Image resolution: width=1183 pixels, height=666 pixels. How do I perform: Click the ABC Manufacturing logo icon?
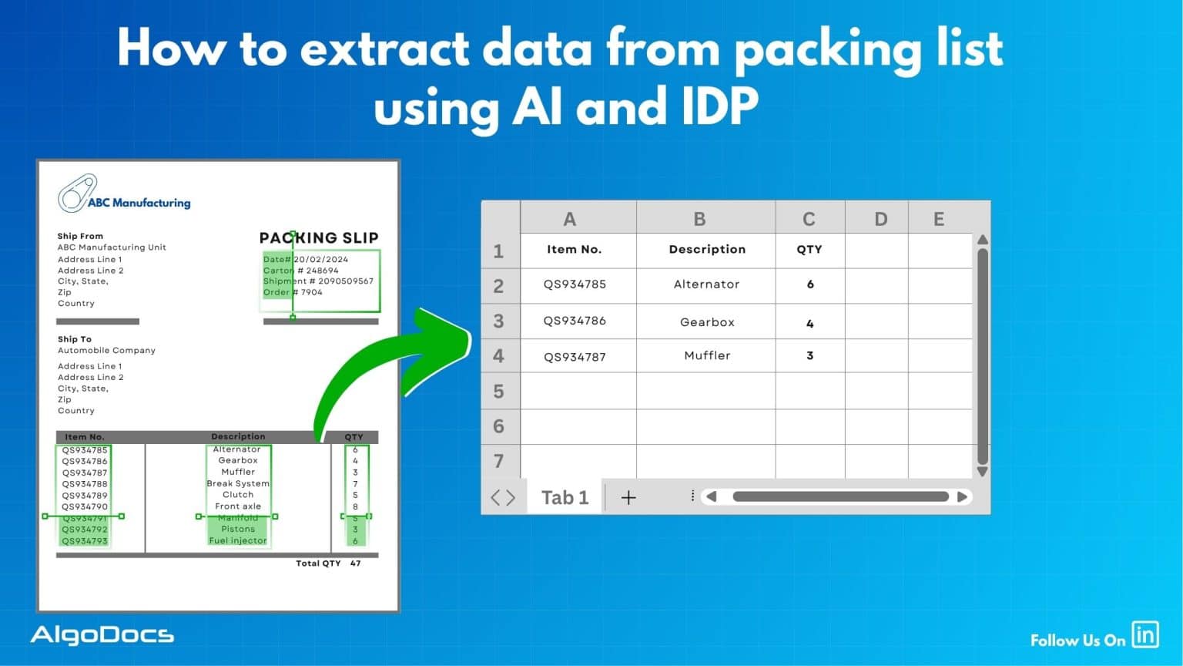(x=76, y=193)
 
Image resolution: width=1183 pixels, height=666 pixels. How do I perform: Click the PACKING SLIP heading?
(x=318, y=238)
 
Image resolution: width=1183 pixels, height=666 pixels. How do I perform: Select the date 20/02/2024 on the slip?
(x=321, y=260)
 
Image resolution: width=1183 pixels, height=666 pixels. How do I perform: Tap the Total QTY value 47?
(x=355, y=563)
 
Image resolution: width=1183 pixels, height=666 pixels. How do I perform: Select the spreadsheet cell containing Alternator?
(x=706, y=284)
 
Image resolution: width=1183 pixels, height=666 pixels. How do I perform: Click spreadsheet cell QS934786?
(x=575, y=321)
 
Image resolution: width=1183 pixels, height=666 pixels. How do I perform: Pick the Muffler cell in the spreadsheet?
(x=706, y=355)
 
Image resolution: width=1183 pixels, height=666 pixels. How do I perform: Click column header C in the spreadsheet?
(x=809, y=219)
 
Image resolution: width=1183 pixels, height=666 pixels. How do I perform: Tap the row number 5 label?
(x=498, y=392)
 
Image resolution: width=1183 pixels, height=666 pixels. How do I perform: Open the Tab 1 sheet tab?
(x=565, y=498)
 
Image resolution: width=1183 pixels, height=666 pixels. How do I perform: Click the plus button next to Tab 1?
(x=628, y=498)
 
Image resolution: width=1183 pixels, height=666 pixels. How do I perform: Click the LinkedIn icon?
(x=1145, y=634)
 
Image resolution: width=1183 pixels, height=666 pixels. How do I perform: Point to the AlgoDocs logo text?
(x=102, y=635)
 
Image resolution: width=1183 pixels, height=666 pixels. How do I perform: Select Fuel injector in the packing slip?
(x=238, y=541)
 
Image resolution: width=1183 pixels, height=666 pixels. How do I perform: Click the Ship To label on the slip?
(x=75, y=339)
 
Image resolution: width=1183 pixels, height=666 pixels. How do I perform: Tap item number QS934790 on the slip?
(x=85, y=507)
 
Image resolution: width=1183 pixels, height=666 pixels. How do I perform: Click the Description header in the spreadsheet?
(x=706, y=250)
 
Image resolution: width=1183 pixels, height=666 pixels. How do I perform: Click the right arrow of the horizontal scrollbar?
(x=962, y=497)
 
